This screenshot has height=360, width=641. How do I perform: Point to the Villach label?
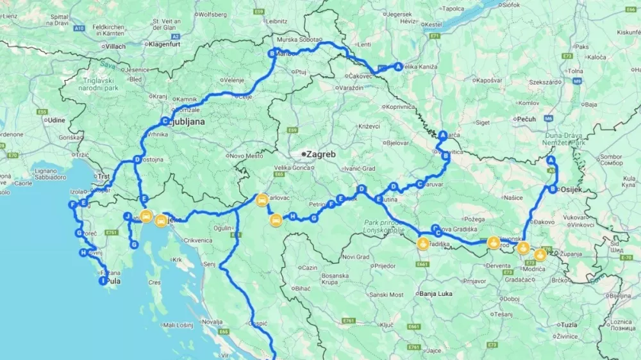(x=115, y=47)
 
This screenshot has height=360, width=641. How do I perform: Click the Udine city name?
(x=56, y=120)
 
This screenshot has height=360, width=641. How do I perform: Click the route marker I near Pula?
(x=103, y=281)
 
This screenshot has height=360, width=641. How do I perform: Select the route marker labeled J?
(x=128, y=217)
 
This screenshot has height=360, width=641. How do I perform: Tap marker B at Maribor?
(x=272, y=54)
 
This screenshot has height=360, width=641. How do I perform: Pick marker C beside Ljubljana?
(x=165, y=120)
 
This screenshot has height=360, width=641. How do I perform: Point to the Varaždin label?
(x=351, y=87)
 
